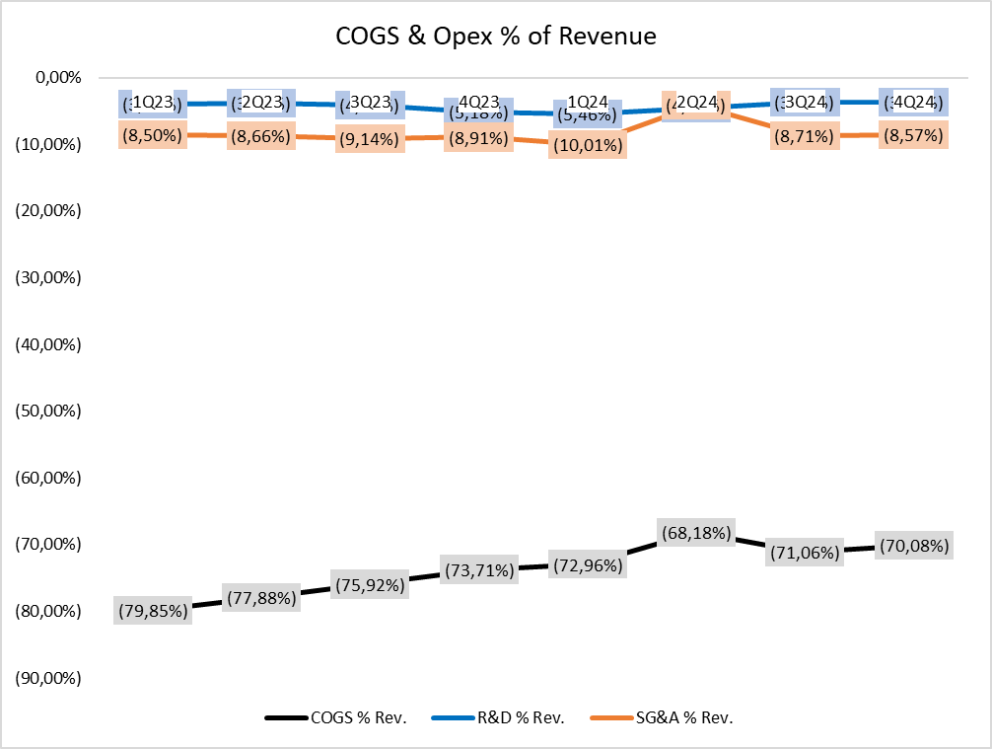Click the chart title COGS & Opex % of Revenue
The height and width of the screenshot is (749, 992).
495,37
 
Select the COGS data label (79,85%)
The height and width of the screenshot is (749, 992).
152,611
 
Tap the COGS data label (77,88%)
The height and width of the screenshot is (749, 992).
260,598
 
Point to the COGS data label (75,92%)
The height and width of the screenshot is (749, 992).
369,584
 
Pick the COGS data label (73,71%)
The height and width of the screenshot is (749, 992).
477,570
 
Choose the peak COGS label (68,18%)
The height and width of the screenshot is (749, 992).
695,534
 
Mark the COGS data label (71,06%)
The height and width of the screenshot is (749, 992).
804,553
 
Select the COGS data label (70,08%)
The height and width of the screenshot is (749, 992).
912,546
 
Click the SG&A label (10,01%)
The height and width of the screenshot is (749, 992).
587,146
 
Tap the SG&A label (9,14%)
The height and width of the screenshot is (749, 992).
369,140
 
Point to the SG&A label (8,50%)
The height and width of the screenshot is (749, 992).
152,135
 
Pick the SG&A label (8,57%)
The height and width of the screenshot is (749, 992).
912,136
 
